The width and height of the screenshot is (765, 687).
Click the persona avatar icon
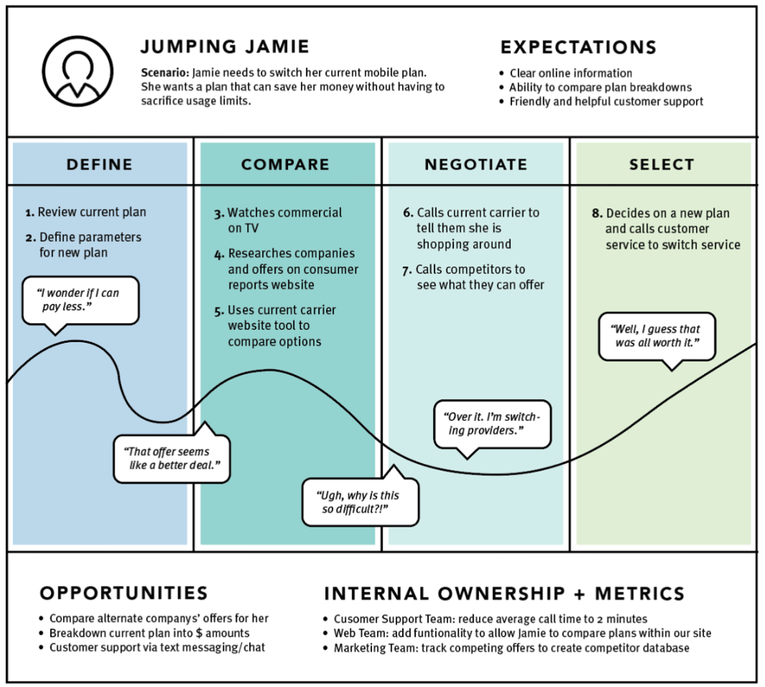tap(78, 71)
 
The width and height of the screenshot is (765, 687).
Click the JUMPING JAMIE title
tap(225, 47)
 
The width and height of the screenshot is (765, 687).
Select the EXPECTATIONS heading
tap(578, 47)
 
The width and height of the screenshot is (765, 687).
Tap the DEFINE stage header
tap(99, 164)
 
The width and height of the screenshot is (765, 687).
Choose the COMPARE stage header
tap(285, 164)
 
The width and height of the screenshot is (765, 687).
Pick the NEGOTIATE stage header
tap(476, 164)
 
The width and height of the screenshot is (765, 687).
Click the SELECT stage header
tap(661, 164)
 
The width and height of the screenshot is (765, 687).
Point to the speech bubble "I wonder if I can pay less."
tap(80, 300)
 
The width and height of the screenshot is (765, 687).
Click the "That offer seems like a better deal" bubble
tap(172, 458)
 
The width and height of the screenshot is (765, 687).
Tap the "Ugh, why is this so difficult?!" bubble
tap(360, 502)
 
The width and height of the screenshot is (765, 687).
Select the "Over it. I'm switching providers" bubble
tap(492, 424)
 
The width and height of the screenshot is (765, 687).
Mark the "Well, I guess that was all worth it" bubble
tap(657, 336)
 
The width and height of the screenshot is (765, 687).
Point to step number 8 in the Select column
tap(597, 214)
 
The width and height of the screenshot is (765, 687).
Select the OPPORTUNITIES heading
tap(124, 593)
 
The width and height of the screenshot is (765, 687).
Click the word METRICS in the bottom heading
tap(639, 594)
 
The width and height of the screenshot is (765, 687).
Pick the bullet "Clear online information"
tap(570, 73)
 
